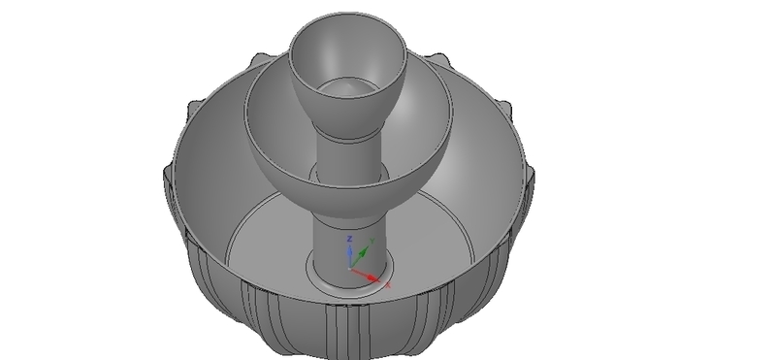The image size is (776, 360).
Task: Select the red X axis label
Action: [x=388, y=287]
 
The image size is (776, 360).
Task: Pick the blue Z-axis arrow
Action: [x=351, y=252]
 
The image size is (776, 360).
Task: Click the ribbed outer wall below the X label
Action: [x=388, y=325]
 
